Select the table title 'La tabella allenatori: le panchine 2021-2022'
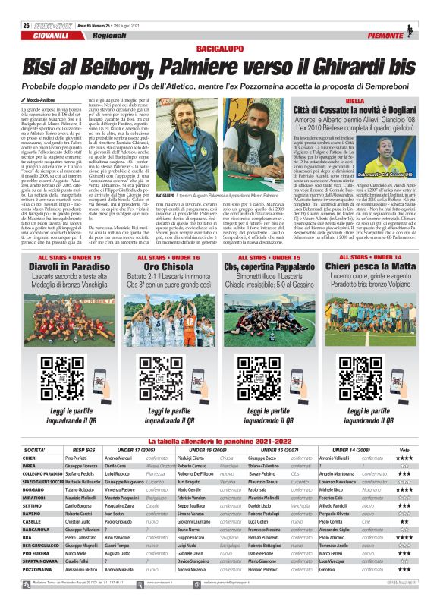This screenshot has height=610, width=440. click(x=220, y=441)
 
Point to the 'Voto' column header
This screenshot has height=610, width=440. click(x=404, y=450)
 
